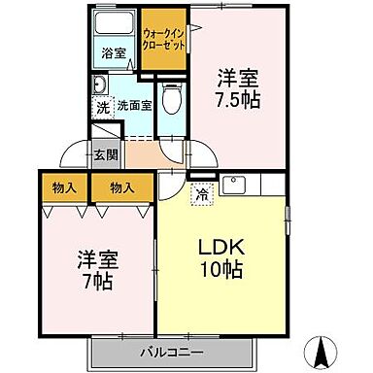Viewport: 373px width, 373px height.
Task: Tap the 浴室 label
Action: point(115,52)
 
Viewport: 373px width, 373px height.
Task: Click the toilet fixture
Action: point(170,96)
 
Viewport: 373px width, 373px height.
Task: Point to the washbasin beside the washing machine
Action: point(101,85)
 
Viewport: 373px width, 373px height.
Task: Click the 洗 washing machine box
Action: point(103,108)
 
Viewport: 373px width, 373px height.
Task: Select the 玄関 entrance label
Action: point(104,153)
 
